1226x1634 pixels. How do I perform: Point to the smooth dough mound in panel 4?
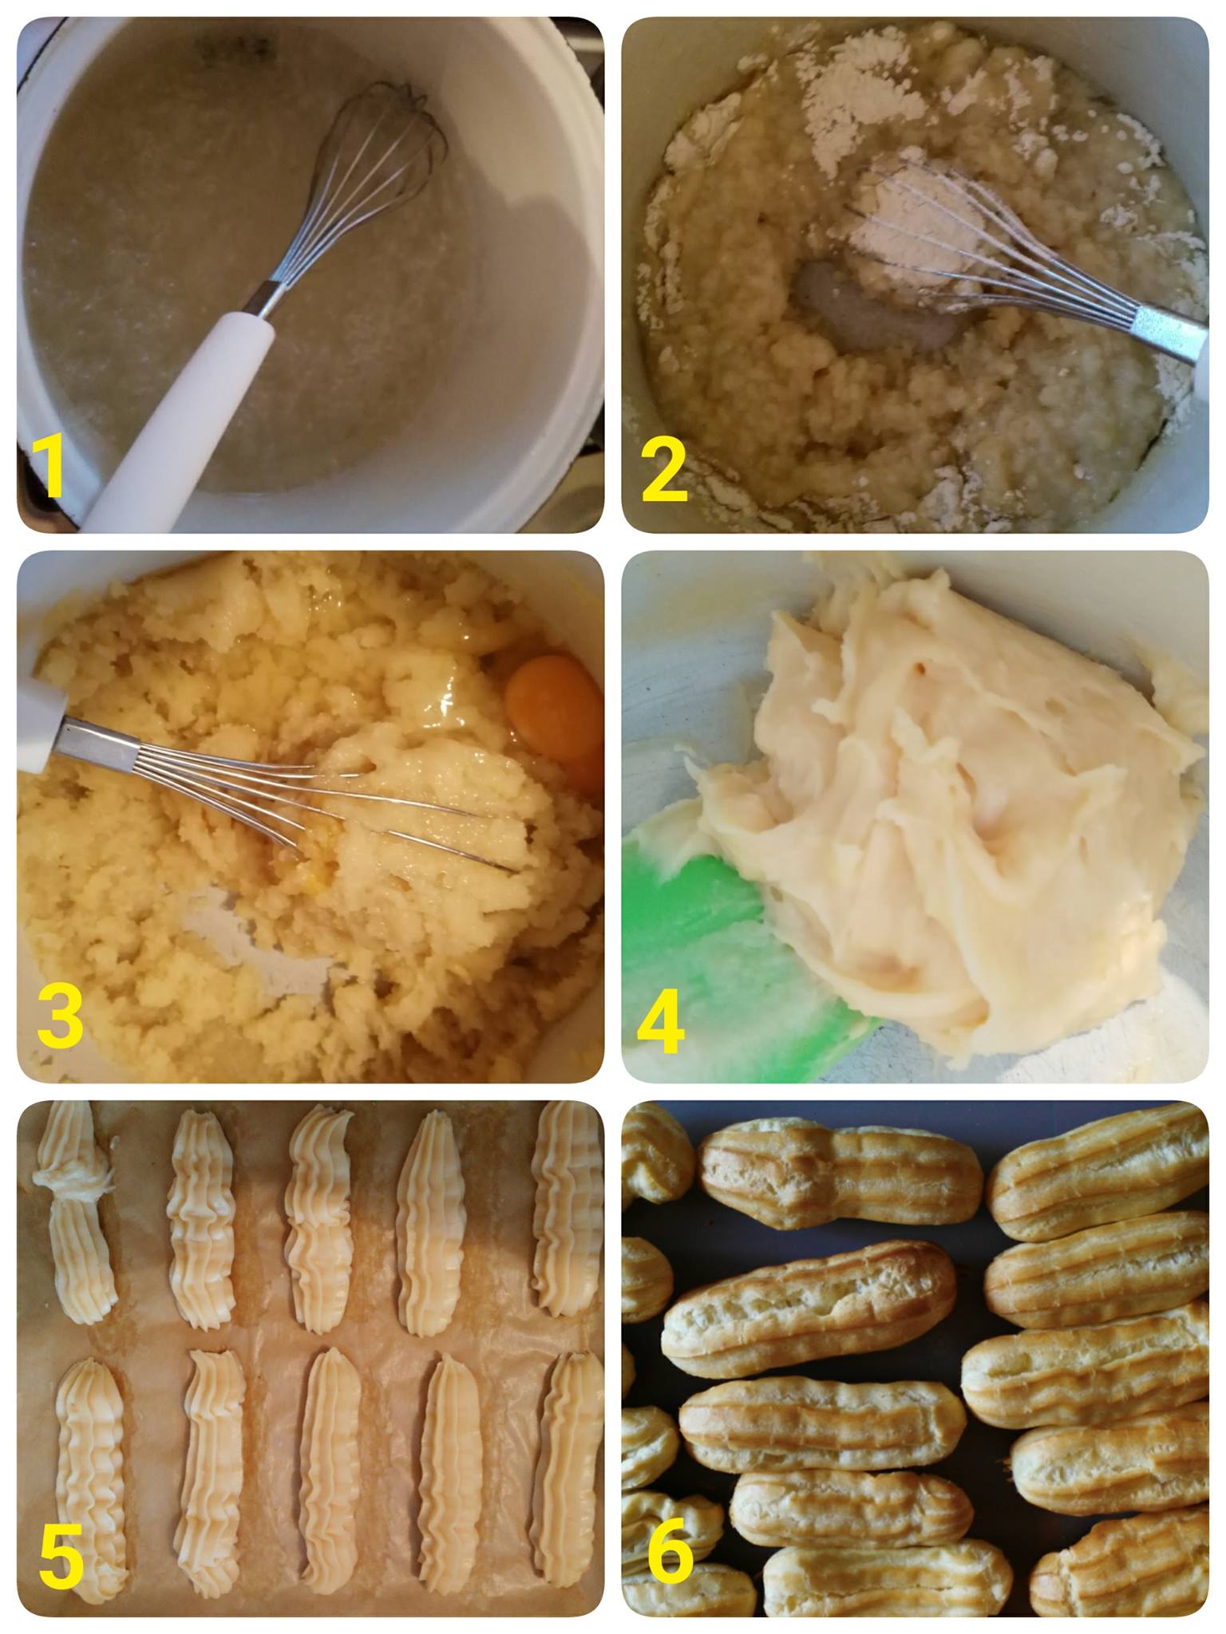pos(950,806)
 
